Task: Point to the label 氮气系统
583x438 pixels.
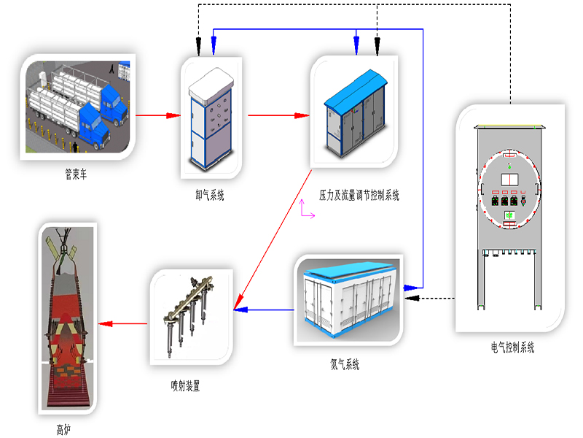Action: (x=344, y=364)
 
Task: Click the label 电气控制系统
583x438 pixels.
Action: (x=512, y=348)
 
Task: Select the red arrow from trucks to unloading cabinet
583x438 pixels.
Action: (x=158, y=115)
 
